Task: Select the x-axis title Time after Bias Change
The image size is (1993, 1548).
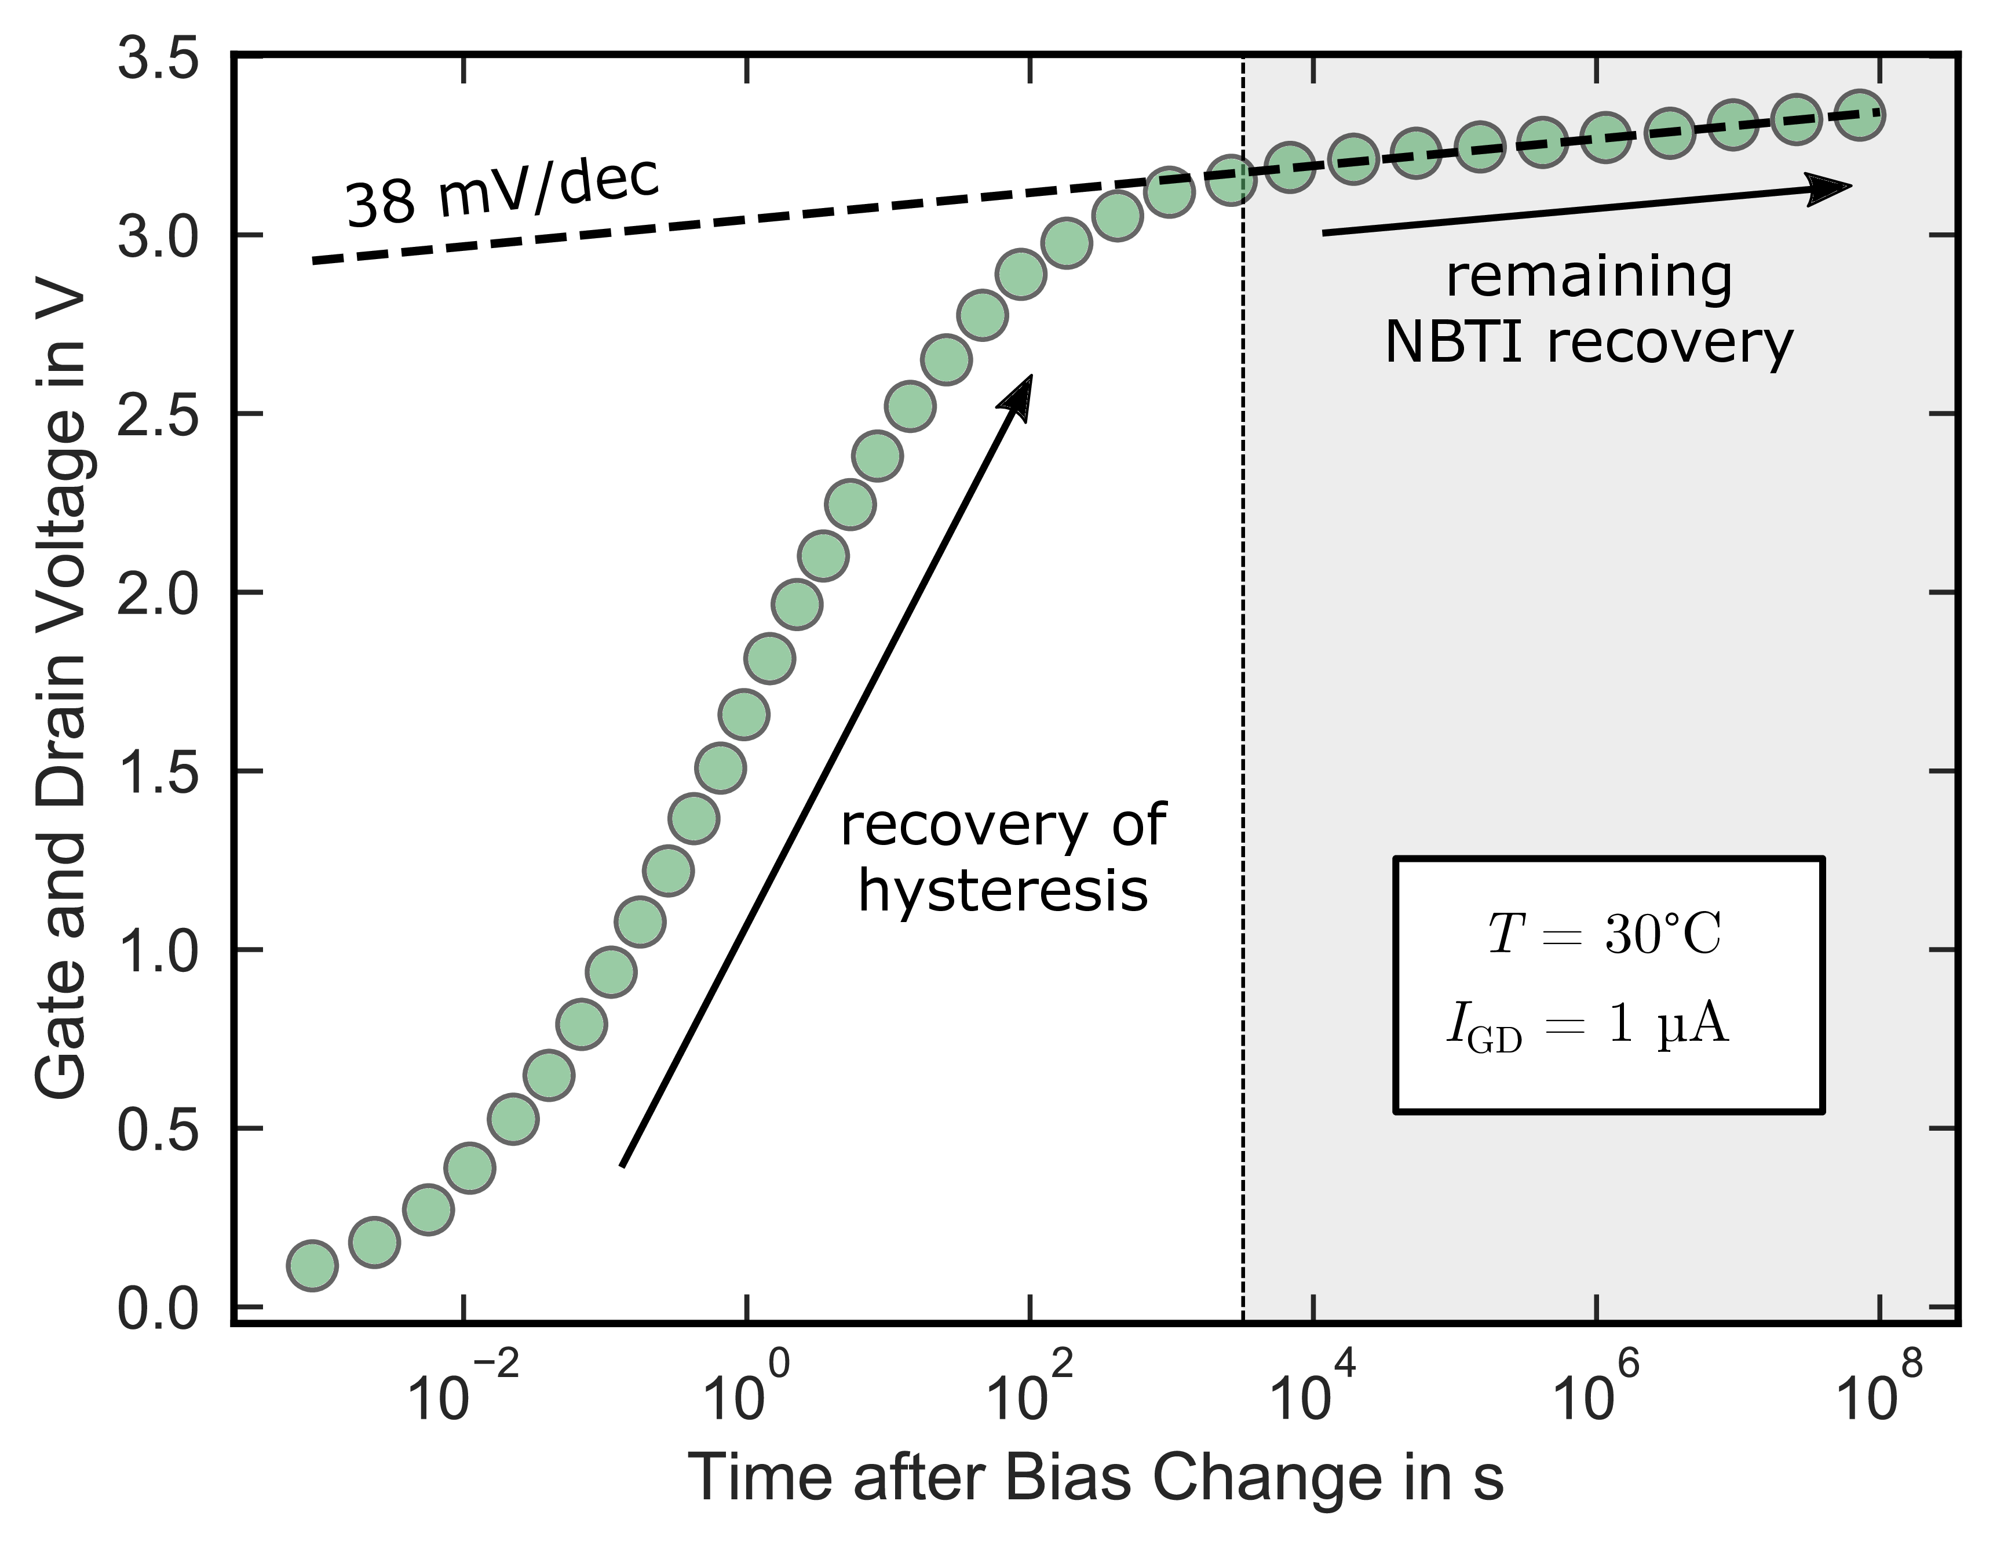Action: (x=1095, y=1477)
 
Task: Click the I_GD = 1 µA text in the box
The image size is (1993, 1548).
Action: (x=1588, y=1026)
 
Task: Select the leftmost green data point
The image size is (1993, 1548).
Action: (x=312, y=1266)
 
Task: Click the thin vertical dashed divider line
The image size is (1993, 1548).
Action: (x=1243, y=730)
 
